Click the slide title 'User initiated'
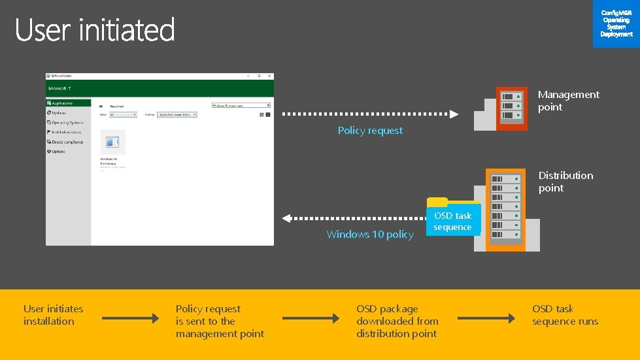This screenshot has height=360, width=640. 95,30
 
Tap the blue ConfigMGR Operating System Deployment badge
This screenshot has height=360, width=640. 616,24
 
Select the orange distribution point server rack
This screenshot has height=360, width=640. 505,209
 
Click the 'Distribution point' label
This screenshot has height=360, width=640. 565,182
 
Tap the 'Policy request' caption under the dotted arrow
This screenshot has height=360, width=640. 370,131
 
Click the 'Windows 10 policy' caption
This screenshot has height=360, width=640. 370,235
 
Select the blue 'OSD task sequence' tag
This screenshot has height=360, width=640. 452,221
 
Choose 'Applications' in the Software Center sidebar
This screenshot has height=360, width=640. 61,103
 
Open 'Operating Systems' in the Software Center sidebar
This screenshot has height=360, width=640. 67,122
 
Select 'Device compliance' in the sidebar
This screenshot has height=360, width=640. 67,142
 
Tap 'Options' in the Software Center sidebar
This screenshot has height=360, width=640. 58,152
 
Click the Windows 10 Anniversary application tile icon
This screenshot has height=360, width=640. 112,142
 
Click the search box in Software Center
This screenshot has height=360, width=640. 241,105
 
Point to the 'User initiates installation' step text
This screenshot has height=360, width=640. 53,315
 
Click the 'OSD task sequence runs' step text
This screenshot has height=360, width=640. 565,315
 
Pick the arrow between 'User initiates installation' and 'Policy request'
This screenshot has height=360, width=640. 130,319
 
